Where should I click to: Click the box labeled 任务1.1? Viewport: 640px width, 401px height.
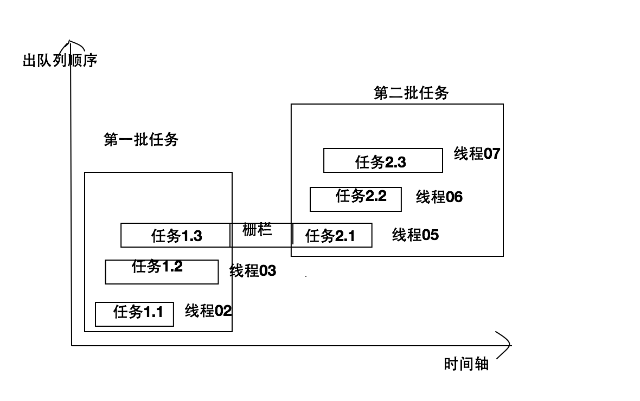click(x=135, y=314)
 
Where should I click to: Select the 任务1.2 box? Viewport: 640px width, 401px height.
click(x=162, y=272)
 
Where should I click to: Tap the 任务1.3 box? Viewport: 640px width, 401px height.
click(x=176, y=236)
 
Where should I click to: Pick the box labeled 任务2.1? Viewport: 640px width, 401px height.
click(x=332, y=235)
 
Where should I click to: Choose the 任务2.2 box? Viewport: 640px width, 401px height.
click(x=355, y=199)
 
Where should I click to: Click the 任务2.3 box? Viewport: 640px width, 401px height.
click(x=383, y=160)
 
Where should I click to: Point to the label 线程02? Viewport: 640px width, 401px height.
click(x=208, y=311)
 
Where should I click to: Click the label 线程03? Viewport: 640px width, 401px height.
click(x=253, y=270)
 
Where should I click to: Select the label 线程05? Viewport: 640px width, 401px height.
click(x=415, y=235)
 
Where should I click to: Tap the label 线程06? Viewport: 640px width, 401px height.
click(x=439, y=197)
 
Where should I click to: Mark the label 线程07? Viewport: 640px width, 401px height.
click(x=477, y=154)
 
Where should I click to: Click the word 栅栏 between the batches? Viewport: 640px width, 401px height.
click(x=257, y=230)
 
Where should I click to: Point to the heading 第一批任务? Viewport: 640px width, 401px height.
click(x=141, y=140)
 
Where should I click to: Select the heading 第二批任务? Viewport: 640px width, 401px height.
click(x=411, y=93)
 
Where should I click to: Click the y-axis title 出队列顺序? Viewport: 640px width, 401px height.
click(x=60, y=60)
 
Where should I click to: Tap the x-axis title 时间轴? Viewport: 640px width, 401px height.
click(x=466, y=364)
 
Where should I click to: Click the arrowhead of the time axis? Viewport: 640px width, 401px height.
click(x=507, y=345)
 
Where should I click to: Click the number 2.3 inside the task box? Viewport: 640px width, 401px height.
click(x=395, y=162)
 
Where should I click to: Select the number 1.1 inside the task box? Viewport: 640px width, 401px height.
click(x=153, y=312)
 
